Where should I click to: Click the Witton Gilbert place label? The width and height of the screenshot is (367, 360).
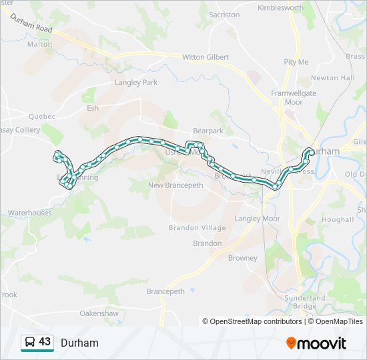206,57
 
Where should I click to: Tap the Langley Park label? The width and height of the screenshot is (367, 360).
136,83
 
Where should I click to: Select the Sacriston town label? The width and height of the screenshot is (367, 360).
224,15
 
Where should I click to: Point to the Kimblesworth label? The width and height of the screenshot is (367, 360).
281,8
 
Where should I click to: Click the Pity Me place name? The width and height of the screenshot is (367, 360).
296,62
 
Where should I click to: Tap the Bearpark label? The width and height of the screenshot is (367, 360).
208,131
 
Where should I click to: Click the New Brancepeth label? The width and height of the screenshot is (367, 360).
174,185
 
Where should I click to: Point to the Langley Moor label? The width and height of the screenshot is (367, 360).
258,219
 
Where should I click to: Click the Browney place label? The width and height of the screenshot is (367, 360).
242,258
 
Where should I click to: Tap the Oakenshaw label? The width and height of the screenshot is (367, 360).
99,313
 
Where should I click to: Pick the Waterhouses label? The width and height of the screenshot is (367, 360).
29,213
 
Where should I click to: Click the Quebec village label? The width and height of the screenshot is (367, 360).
42,115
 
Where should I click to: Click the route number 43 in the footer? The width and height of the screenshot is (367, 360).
45,342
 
